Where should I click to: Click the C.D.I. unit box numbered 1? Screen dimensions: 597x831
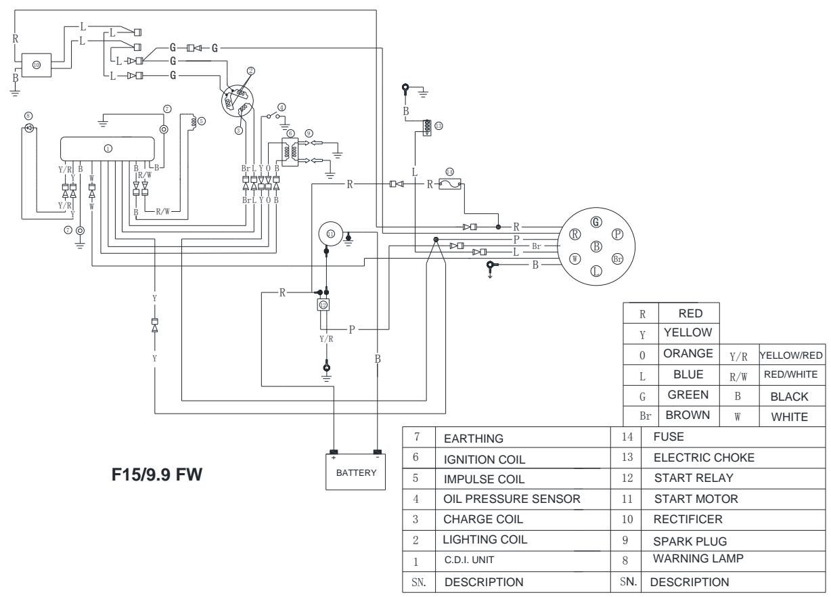[114, 148]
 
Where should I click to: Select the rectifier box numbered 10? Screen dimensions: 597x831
[36, 64]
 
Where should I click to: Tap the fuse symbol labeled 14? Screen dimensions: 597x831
[450, 183]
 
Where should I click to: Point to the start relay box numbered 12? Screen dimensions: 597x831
[323, 305]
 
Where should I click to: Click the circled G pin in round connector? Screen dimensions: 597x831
[596, 221]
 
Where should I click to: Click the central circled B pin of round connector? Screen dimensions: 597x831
[596, 246]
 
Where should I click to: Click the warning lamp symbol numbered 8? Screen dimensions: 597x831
[28, 128]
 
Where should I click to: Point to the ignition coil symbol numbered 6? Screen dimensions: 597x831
[290, 154]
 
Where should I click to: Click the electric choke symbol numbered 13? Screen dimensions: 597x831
[426, 127]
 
